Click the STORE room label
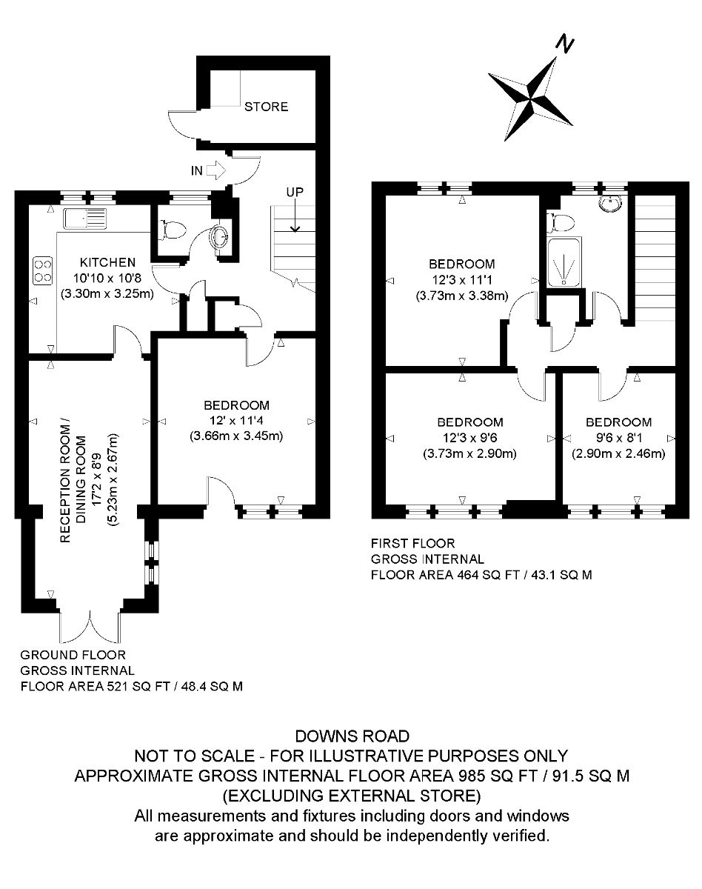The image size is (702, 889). click(266, 107)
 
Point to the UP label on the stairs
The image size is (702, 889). click(295, 192)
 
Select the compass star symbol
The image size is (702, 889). click(531, 93)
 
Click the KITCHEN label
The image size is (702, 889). click(107, 262)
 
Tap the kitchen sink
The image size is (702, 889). click(86, 219)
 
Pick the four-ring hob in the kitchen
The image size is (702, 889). click(43, 269)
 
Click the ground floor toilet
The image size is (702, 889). click(173, 230)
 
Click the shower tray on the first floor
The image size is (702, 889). click(564, 263)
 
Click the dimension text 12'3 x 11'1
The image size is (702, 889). click(462, 280)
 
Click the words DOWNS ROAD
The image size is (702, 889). click(352, 736)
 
